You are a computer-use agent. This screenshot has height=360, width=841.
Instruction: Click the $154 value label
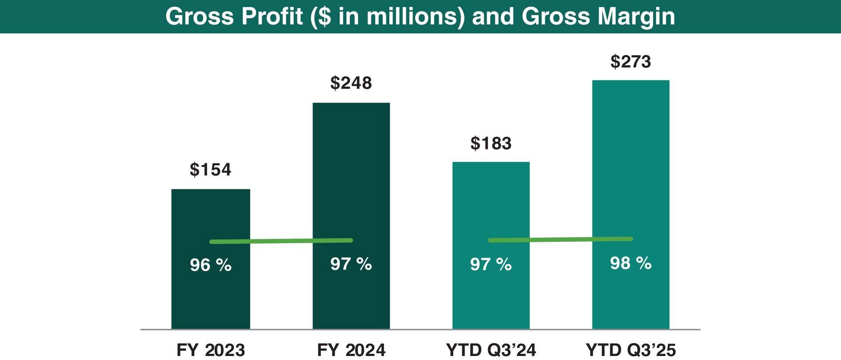tap(210, 170)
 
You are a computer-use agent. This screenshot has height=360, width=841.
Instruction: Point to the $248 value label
tap(351, 83)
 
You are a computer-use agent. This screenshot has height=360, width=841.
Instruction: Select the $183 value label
tap(491, 144)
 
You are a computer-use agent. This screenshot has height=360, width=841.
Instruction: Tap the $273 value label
tap(630, 62)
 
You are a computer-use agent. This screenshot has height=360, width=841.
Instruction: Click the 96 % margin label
tap(210, 265)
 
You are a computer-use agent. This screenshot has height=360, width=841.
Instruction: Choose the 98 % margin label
tap(630, 264)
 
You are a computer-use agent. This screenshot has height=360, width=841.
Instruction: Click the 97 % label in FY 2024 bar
tap(351, 264)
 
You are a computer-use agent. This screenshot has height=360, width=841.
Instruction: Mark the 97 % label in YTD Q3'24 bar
tap(491, 265)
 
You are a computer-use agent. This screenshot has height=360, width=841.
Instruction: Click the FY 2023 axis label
tap(211, 350)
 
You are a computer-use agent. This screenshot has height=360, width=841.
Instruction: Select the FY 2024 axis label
tap(351, 350)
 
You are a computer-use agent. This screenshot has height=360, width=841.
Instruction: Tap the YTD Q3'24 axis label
tap(491, 350)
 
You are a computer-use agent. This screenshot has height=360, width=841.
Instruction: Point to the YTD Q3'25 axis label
tap(630, 350)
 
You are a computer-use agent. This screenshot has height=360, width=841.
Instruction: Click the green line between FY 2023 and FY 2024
tap(281, 241)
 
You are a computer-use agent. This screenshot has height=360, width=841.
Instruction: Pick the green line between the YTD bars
tap(560, 240)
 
